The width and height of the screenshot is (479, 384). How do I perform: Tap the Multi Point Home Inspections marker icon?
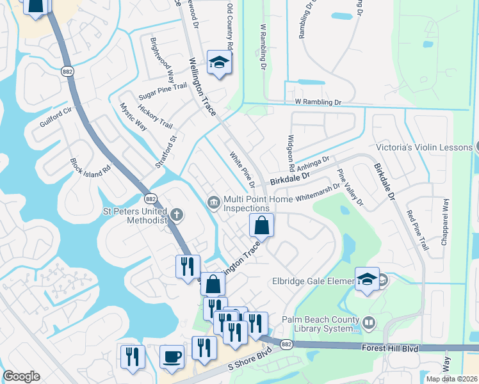tap(213, 203)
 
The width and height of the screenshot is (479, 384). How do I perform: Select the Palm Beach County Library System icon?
tap(369, 323)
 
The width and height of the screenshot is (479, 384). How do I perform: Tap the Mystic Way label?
tap(134, 116)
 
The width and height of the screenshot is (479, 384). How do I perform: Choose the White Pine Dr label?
tap(242, 170)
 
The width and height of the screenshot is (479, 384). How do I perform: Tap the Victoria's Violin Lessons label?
tap(424, 147)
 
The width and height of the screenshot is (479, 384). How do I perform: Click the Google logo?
tap(21, 376)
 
